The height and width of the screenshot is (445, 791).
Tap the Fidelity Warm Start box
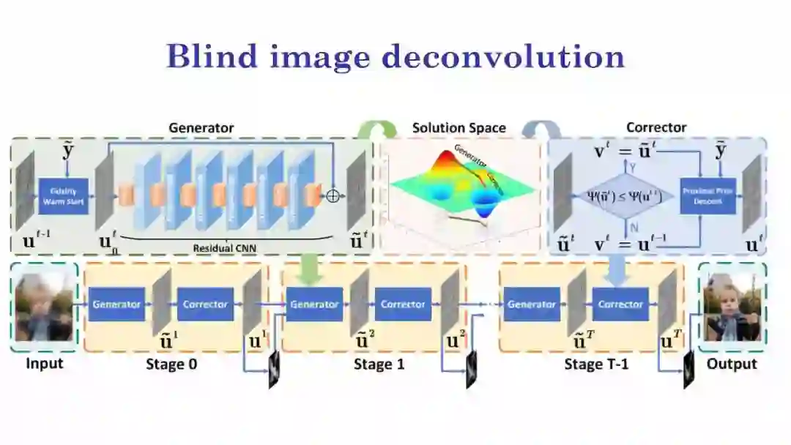pyautogui.click(x=63, y=195)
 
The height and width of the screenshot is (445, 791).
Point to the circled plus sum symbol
pyautogui.click(x=333, y=196)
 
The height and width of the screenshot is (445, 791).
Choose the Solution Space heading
pyautogui.click(x=458, y=128)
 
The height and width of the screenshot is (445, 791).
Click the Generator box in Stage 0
pyautogui.click(x=116, y=304)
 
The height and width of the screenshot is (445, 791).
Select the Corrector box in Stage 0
pyautogui.click(x=205, y=304)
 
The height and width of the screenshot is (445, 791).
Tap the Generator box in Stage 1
pyautogui.click(x=313, y=304)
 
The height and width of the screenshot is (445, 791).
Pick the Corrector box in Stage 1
pyautogui.click(x=403, y=304)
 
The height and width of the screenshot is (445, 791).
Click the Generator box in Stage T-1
pyautogui.click(x=532, y=304)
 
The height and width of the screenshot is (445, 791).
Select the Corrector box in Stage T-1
pyautogui.click(x=620, y=304)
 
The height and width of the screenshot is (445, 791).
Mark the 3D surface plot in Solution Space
pyautogui.click(x=458, y=187)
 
